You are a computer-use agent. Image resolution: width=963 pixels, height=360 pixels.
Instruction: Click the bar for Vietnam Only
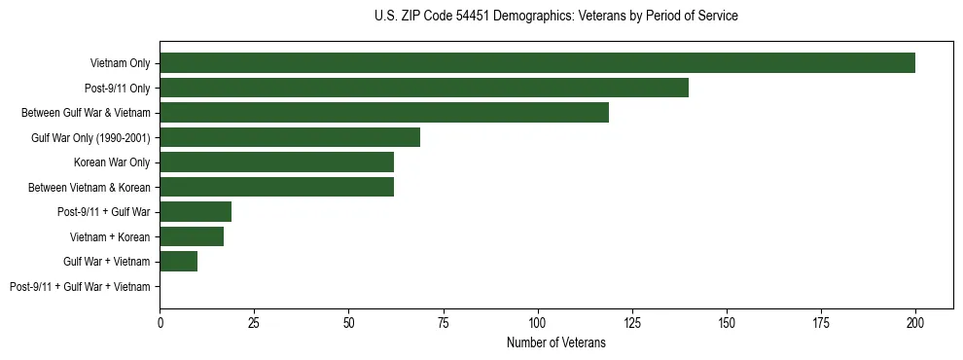(x=537, y=63)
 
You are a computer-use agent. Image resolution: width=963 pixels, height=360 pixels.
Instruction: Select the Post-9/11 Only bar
(x=424, y=88)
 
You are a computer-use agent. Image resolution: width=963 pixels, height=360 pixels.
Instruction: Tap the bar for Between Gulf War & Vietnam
(x=384, y=113)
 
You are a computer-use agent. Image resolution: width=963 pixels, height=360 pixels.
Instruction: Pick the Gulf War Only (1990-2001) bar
(x=290, y=137)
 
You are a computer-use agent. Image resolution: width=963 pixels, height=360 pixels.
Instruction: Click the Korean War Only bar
(x=276, y=162)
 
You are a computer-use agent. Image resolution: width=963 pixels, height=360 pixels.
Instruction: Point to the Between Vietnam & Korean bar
(x=276, y=187)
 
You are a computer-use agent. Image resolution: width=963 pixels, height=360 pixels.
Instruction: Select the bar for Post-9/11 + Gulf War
(x=196, y=212)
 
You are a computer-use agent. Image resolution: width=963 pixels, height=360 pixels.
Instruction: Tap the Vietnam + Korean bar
(x=192, y=236)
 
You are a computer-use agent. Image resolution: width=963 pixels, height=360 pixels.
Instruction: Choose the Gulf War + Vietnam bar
(x=179, y=262)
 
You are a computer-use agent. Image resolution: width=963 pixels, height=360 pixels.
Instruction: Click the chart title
(x=555, y=17)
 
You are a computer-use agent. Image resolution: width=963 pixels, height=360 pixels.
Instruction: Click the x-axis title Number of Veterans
(x=555, y=342)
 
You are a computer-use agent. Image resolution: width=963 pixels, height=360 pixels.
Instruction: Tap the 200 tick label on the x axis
(x=915, y=322)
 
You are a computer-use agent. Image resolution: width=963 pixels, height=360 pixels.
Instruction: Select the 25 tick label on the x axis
(x=255, y=322)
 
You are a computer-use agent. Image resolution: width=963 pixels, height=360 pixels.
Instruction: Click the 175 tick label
(x=821, y=322)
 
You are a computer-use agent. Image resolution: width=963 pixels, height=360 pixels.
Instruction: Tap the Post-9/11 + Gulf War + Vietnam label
(x=80, y=287)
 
